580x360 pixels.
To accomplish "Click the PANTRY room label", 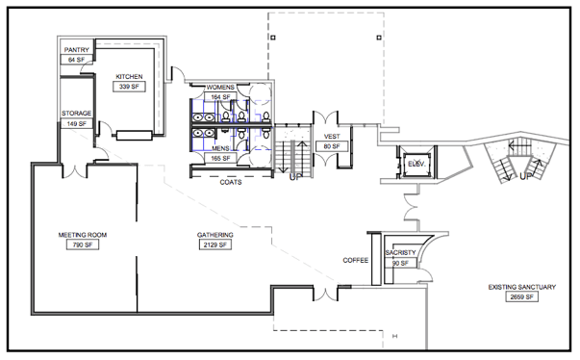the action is point(77,50).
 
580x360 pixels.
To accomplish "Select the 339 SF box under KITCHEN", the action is point(129,87).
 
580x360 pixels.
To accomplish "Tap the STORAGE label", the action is point(77,114).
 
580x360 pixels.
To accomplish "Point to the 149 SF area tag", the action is point(77,123).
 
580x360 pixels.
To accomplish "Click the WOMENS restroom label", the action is point(220,88).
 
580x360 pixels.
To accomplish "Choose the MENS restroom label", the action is point(220,148).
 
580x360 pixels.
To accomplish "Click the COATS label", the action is point(231,182).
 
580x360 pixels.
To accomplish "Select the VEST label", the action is point(332,137).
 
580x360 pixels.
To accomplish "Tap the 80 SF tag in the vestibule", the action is point(332,146).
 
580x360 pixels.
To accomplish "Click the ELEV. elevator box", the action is point(416,164).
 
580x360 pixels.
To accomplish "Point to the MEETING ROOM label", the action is point(83,235).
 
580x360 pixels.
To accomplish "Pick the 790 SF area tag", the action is point(83,244).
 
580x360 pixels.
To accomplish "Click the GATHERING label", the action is point(215,235).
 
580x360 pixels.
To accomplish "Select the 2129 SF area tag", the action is point(215,244).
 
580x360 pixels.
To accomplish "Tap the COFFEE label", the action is point(356,261).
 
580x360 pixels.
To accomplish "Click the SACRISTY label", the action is point(400,253).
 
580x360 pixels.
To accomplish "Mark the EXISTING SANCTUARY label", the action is point(522,287).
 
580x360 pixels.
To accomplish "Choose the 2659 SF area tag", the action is point(522,297).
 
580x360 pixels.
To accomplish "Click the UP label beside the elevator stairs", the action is point(525,176).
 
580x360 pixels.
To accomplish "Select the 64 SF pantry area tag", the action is point(77,60).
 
